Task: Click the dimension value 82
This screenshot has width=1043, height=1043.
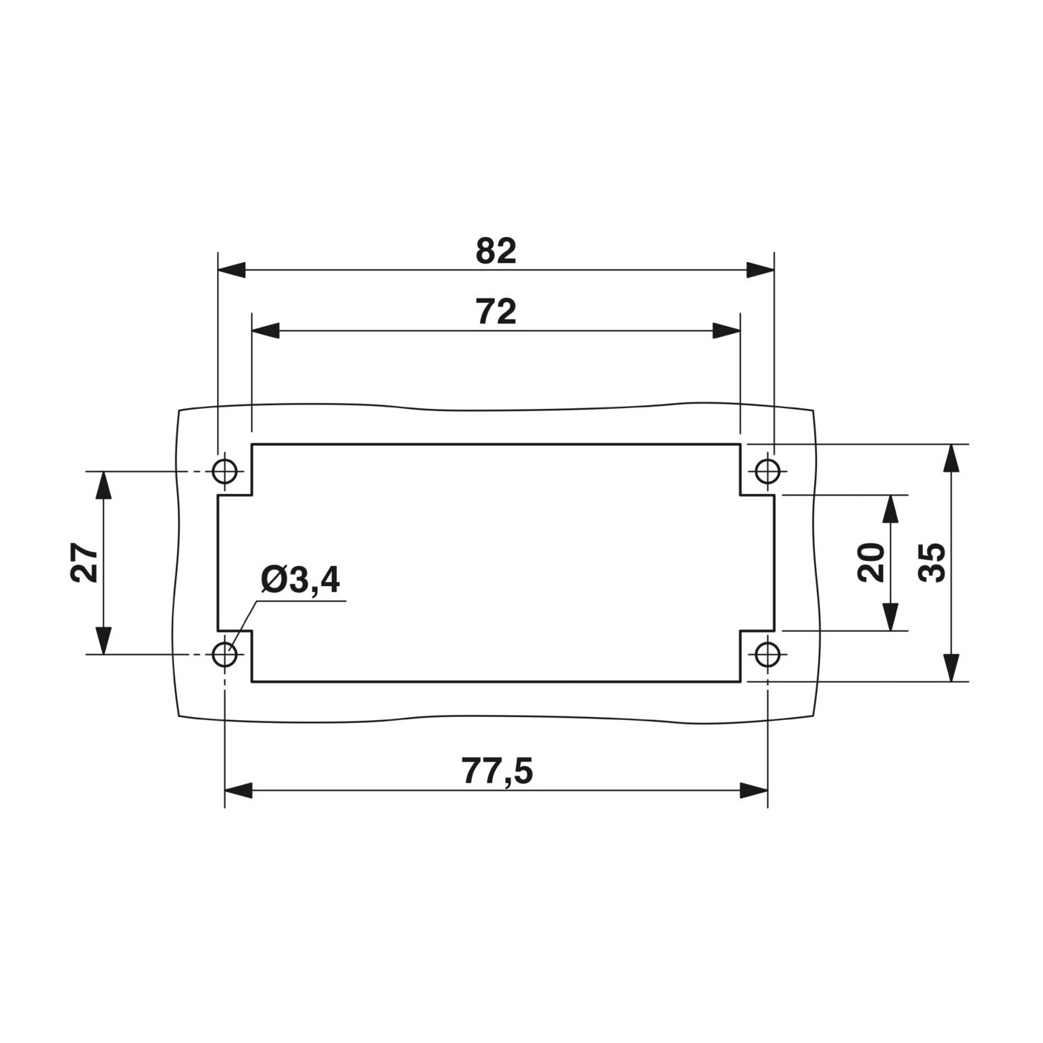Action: click(x=496, y=251)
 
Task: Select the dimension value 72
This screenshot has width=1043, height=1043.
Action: click(x=496, y=312)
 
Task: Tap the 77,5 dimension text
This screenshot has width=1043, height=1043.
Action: click(x=497, y=770)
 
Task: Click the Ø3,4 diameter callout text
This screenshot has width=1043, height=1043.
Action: click(x=301, y=581)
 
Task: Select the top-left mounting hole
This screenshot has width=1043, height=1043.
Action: click(x=224, y=471)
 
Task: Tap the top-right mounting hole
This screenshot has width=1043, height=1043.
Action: click(x=767, y=471)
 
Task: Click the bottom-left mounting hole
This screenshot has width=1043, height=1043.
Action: click(x=224, y=655)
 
